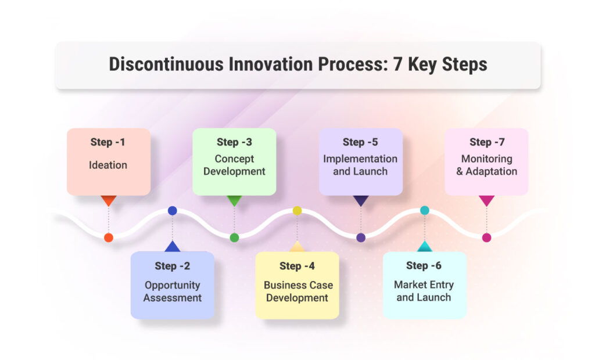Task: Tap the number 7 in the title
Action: tap(398, 64)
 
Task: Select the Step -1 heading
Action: tap(109, 142)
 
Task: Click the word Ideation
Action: tap(108, 165)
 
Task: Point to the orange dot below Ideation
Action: tap(109, 237)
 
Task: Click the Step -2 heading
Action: tap(173, 267)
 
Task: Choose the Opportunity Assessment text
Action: tap(173, 291)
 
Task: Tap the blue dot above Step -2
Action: tap(173, 211)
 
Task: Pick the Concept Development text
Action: tap(234, 165)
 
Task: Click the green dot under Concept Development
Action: tap(234, 237)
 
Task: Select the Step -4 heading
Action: tap(297, 267)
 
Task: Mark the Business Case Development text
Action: tap(298, 291)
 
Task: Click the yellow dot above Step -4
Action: tap(297, 211)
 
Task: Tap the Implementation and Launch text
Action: tap(360, 165)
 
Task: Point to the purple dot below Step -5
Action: tap(361, 237)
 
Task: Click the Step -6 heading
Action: tap(424, 266)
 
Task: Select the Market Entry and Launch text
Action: tap(424, 291)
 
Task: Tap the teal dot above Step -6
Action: tap(425, 210)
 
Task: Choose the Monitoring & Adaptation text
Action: tap(486, 165)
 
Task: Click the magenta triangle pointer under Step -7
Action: tap(486, 200)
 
